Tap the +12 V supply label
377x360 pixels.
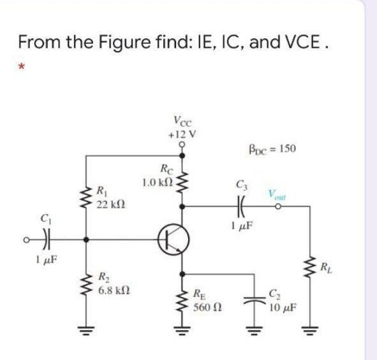183,134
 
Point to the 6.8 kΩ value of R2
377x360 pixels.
113,290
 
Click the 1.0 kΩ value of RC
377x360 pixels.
158,183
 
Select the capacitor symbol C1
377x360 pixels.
47,240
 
